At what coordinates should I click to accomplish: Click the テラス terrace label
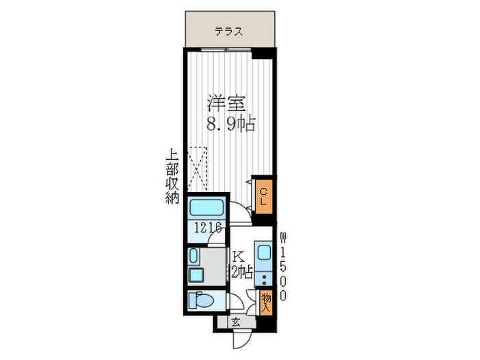(228, 32)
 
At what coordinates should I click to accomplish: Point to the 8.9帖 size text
(230, 123)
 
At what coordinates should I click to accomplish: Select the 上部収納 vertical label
(172, 176)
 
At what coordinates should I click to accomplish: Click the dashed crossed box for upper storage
(197, 169)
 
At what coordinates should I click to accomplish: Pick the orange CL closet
(263, 196)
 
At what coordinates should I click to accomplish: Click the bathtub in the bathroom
(206, 208)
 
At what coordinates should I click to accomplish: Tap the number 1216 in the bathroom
(208, 228)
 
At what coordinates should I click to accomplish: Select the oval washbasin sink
(193, 256)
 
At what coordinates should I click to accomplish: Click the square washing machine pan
(196, 275)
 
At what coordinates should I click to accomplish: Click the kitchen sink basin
(263, 253)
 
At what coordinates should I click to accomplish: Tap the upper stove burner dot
(263, 277)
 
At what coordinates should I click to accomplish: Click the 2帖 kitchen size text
(242, 272)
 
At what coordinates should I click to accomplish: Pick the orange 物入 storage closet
(266, 302)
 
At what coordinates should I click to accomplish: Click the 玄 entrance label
(235, 322)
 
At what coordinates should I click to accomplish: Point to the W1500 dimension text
(284, 267)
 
